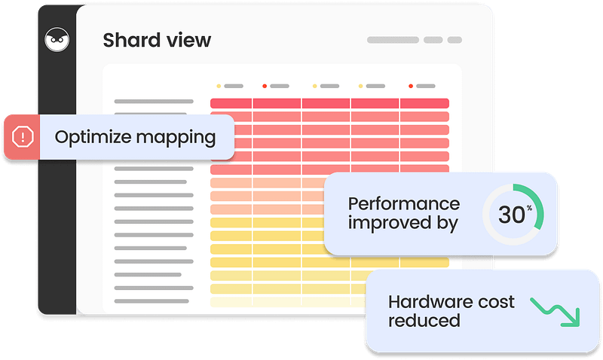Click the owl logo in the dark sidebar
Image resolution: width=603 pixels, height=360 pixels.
(x=57, y=39)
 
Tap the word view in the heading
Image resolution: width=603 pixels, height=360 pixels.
(x=188, y=40)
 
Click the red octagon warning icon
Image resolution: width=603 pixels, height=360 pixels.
(x=23, y=137)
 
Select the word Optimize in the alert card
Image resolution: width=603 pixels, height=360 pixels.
(x=93, y=137)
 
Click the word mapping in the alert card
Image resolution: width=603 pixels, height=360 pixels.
(x=176, y=138)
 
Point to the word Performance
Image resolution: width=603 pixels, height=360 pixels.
(x=404, y=204)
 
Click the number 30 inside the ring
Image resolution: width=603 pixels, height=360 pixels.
(x=512, y=215)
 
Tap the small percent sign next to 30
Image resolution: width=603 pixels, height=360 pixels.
(x=530, y=208)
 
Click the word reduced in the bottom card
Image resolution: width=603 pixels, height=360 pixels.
(x=424, y=321)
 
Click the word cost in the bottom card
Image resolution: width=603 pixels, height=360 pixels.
(x=496, y=302)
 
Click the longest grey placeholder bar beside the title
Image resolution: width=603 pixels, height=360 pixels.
(x=393, y=40)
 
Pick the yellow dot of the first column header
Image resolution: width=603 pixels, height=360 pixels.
(x=219, y=86)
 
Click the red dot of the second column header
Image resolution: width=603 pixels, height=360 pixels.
(x=265, y=86)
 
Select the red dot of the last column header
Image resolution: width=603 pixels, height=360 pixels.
(x=411, y=86)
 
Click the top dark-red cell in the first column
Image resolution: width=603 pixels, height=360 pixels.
(x=231, y=103)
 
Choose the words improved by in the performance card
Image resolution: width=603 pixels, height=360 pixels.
(x=403, y=224)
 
